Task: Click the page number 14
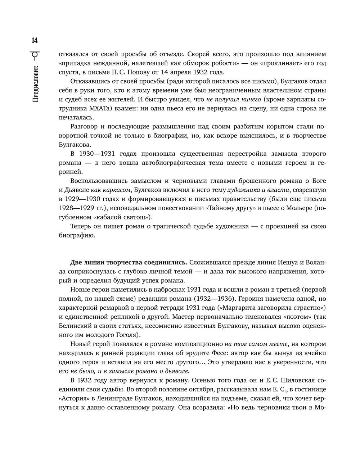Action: [x=35, y=40]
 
